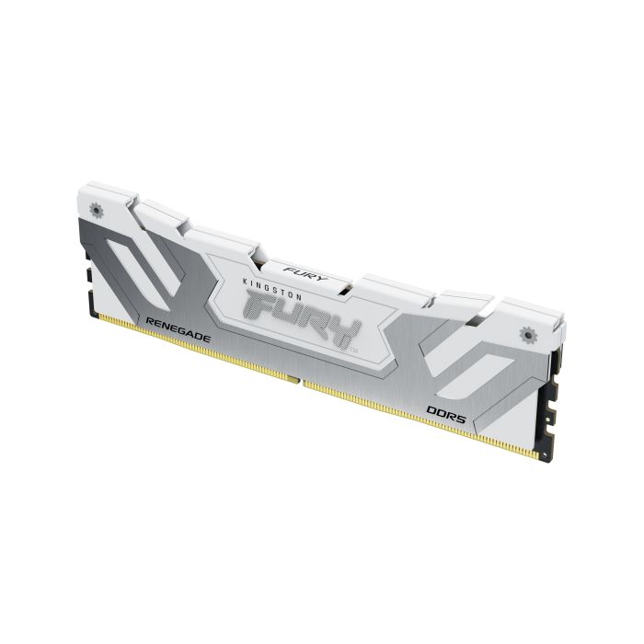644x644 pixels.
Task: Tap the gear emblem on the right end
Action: (527, 332)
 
